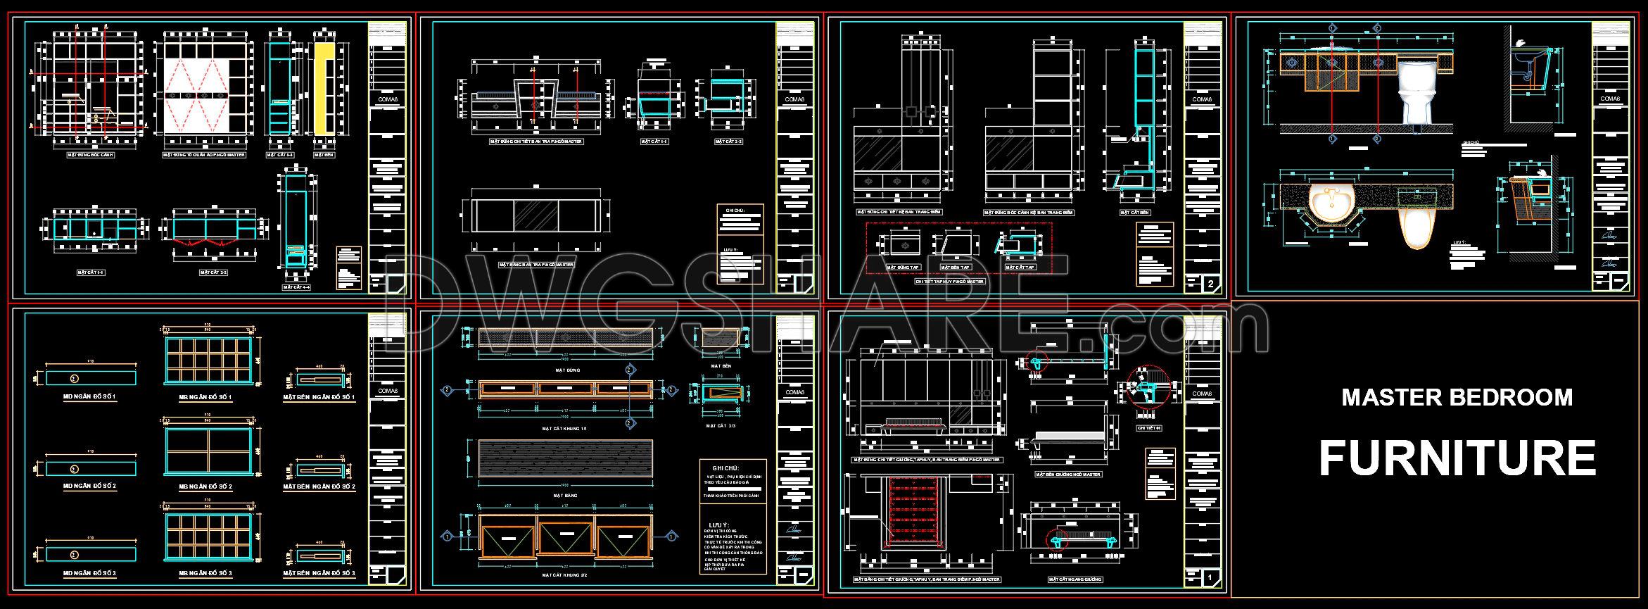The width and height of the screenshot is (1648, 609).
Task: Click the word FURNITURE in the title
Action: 1456,459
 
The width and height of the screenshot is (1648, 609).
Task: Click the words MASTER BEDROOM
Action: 1456,398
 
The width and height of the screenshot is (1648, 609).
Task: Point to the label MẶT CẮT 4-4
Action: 297,287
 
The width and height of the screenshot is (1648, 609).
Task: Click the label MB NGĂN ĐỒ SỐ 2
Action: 205,486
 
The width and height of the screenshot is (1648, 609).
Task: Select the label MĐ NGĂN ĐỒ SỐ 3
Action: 89,573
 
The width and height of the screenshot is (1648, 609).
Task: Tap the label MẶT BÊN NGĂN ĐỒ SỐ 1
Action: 319,398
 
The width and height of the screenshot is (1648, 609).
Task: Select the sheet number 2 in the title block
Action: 1210,284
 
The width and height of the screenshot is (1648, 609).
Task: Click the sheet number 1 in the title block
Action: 1209,577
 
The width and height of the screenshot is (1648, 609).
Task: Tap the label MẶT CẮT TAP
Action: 1020,268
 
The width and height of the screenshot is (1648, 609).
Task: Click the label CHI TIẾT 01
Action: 1148,427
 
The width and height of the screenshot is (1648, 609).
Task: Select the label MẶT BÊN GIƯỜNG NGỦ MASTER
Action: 1067,475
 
